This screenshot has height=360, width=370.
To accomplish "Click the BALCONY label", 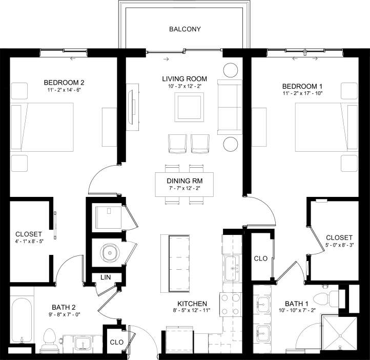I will click(x=184, y=29).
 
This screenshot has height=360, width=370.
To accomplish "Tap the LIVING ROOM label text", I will click(x=184, y=78).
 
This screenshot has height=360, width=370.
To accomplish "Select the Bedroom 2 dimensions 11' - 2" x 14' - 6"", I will click(x=64, y=89).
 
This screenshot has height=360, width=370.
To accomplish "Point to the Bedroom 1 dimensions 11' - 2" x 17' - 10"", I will click(x=305, y=94).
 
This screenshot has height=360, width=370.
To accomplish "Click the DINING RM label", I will click(x=184, y=181).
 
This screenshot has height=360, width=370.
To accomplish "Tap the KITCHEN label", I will click(x=192, y=304).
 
